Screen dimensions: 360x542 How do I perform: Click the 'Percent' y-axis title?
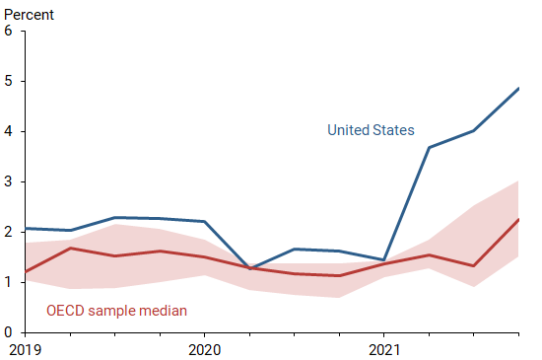point(28,15)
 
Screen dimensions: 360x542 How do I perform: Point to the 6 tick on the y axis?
point(8,31)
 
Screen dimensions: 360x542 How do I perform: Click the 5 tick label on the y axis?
point(8,81)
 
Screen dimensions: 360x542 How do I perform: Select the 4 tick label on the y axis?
point(8,131)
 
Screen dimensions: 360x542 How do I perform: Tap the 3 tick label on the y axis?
point(8,181)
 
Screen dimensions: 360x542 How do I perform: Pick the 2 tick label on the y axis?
point(8,232)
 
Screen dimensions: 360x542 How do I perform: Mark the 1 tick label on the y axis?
point(8,282)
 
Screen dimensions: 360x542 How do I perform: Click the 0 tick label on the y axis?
point(8,332)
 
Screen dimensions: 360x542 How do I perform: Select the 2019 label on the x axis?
point(24,349)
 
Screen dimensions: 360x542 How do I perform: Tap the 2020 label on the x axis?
point(204,349)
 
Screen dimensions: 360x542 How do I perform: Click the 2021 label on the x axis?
point(384,349)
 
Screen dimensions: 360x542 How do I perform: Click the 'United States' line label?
point(371,130)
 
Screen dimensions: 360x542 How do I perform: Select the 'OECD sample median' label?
point(116,312)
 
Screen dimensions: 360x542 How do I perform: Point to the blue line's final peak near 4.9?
point(519,88)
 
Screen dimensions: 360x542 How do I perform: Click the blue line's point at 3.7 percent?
point(429,147)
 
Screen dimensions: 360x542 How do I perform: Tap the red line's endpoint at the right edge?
point(519,219)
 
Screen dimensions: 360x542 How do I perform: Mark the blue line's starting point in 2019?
point(24,228)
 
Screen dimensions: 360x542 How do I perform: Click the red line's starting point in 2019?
point(24,271)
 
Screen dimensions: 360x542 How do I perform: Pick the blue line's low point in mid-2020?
point(249,268)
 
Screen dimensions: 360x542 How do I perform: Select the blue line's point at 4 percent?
point(474,131)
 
